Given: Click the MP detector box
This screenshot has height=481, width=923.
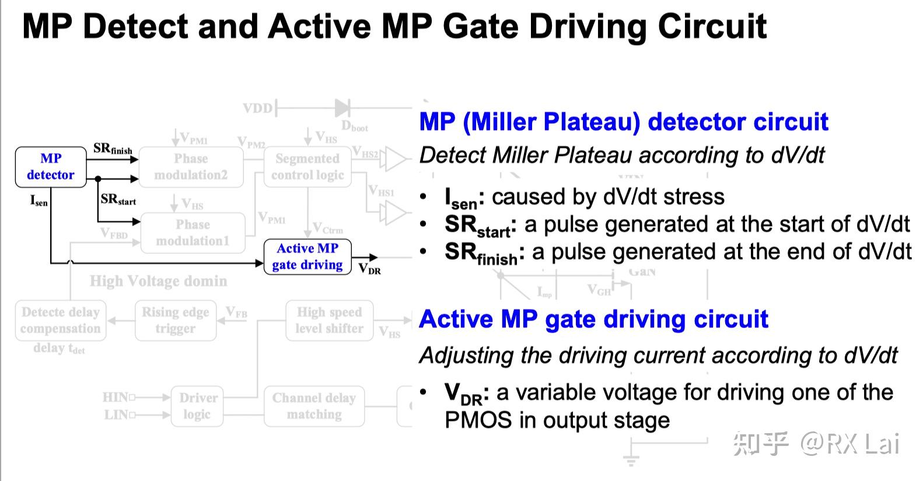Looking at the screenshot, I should click(51, 167).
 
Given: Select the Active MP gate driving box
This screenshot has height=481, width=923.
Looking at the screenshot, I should click(307, 257).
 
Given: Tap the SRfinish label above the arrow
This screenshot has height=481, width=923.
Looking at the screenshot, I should click(113, 149).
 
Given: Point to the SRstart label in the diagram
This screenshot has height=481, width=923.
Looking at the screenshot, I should click(118, 200).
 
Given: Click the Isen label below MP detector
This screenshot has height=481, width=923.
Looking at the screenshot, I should click(39, 201).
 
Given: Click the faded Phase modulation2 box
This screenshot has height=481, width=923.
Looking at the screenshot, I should click(191, 167).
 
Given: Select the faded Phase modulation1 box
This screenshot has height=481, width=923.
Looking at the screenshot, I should click(193, 233).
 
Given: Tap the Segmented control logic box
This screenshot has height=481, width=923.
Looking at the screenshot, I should click(307, 167).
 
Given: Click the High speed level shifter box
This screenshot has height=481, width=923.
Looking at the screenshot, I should click(330, 320).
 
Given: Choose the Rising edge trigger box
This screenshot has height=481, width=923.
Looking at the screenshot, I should click(176, 320).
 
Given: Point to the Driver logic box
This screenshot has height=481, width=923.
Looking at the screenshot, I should click(197, 406).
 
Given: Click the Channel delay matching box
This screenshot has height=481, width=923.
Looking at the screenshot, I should click(314, 406).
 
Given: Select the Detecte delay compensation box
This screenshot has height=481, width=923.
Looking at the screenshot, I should click(60, 320).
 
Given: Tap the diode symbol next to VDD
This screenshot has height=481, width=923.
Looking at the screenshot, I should click(342, 107).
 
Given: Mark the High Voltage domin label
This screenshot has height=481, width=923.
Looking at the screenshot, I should click(158, 281).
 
